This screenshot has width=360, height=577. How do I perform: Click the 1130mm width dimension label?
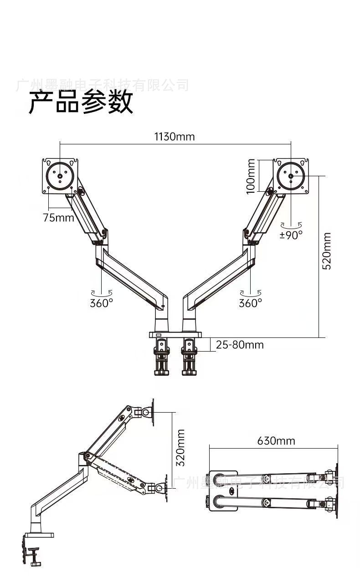[174, 136]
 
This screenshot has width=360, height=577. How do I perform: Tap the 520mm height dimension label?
[327, 251]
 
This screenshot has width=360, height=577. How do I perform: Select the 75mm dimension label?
[58, 217]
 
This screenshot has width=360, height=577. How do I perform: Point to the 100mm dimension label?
[251, 176]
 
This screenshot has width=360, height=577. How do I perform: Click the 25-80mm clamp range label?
[240, 345]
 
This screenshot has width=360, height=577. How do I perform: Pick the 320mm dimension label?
[180, 447]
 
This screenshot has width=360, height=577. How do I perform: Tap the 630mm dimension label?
[276, 441]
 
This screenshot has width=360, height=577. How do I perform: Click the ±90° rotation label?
[291, 235]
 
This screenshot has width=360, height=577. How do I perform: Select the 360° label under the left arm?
[101, 303]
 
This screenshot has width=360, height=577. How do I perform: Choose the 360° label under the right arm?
[251, 303]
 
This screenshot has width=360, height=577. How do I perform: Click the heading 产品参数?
[81, 102]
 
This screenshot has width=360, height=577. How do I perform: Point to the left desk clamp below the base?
[162, 357]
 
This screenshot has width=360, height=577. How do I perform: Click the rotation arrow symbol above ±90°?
[291, 225]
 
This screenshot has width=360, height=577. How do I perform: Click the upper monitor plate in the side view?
[153, 412]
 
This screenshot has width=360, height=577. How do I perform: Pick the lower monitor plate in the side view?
[164, 488]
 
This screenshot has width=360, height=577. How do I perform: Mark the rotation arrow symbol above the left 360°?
[101, 293]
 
